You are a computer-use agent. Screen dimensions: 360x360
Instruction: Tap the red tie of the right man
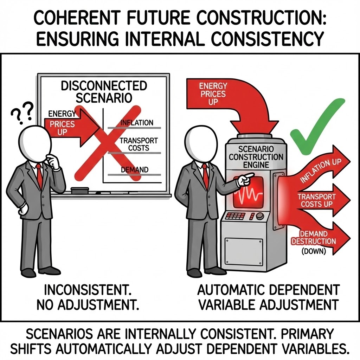[x=205, y=176]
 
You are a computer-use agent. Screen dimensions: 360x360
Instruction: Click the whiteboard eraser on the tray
[x=79, y=191]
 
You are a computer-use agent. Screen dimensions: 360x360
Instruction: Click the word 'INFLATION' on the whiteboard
[x=137, y=123]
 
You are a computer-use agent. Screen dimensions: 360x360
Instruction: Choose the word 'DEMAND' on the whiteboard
[x=134, y=170]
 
